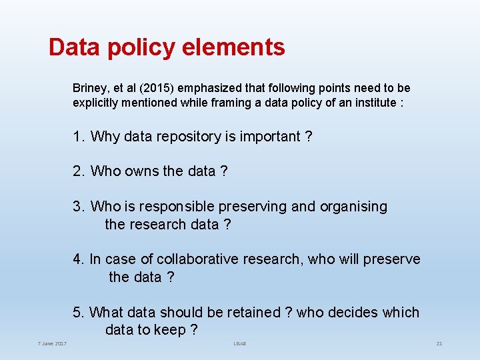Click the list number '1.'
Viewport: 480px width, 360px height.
(x=79, y=137)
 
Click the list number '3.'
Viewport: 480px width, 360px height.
(x=79, y=207)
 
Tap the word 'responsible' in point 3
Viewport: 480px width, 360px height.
(x=166, y=207)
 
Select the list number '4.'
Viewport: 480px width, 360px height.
(x=79, y=259)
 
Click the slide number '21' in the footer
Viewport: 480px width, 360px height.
(x=439, y=343)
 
